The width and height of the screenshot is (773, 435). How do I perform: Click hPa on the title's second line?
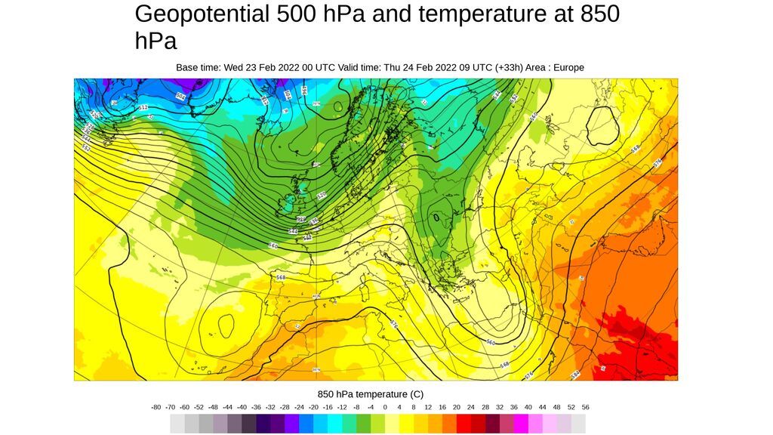tap(156, 42)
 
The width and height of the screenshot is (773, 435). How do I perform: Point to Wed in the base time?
tap(233, 67)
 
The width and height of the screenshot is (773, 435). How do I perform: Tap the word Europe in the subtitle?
tap(568, 67)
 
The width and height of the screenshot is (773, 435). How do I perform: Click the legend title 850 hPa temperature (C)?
tap(371, 394)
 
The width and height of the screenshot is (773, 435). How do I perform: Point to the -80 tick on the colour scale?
tap(156, 407)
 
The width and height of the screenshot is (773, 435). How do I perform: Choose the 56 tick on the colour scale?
tap(586, 407)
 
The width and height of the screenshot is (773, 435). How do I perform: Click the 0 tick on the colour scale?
tap(385, 407)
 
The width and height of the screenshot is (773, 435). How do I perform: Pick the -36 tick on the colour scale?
tap(256, 407)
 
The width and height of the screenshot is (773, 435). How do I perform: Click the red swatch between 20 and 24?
tap(463, 424)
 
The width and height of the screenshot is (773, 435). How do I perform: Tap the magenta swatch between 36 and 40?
tap(521, 424)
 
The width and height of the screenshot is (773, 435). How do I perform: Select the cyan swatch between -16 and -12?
tap(334, 424)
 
